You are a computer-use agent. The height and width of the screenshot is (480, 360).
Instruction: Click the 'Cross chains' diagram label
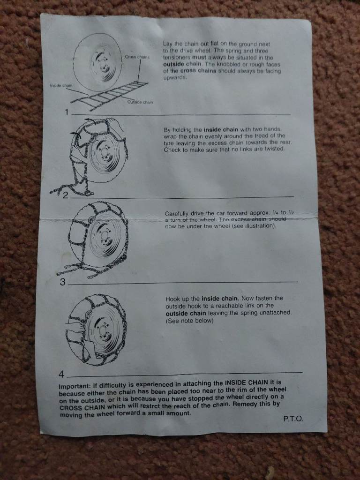coord(137,57)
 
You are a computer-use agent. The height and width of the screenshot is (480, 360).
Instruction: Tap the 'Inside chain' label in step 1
coord(61,85)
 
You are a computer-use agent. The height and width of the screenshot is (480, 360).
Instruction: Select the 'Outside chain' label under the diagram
coord(140,102)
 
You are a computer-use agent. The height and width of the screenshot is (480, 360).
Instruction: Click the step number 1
coord(67,112)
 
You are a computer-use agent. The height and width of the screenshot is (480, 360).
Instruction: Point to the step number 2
coord(65,195)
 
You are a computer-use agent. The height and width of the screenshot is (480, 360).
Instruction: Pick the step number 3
coord(62,282)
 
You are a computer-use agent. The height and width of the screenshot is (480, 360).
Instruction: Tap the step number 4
coord(61,374)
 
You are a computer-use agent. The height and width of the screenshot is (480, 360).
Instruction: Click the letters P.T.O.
coord(293,419)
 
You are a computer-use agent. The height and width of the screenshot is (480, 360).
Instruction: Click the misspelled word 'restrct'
coord(150,406)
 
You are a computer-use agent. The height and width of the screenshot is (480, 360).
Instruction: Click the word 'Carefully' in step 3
coord(176,214)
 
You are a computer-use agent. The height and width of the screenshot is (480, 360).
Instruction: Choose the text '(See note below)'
coord(189,321)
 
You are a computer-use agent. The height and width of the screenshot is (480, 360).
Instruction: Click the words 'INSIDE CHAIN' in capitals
coord(247,382)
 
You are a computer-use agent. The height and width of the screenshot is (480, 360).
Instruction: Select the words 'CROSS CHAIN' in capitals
coord(82,408)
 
